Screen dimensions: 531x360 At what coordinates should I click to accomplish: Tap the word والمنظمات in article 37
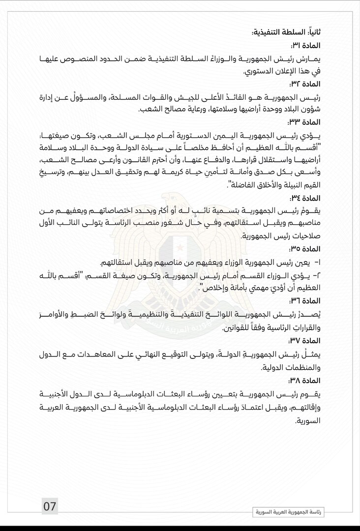pos(298,368)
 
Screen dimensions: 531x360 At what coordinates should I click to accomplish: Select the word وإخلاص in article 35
pos(213,288)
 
